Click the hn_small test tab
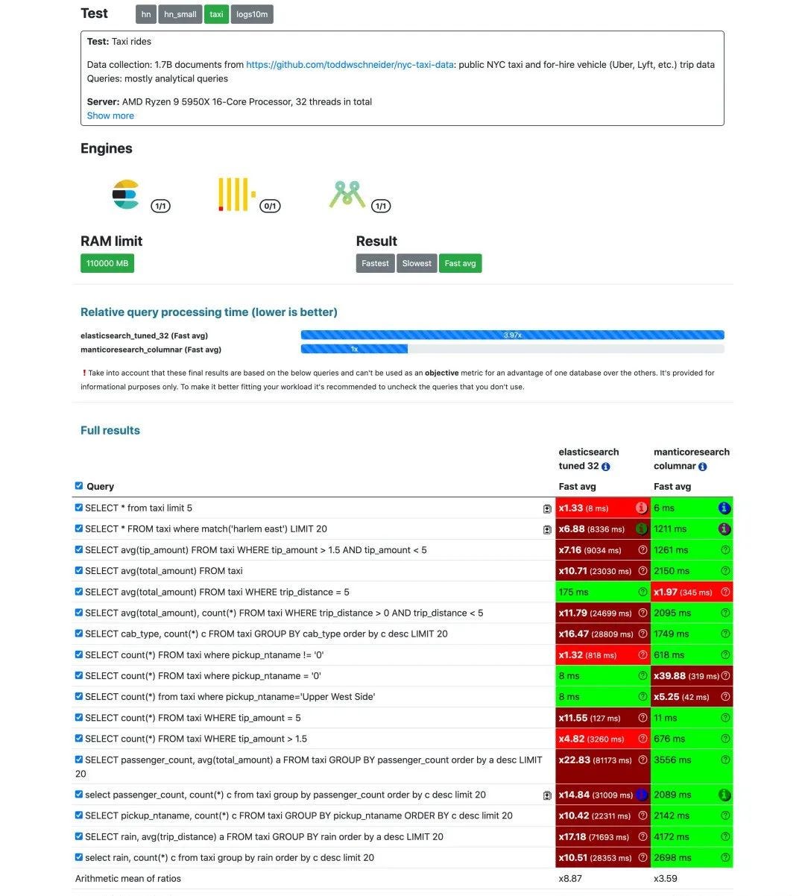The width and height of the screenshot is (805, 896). (x=180, y=14)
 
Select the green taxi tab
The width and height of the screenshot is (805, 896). (x=216, y=14)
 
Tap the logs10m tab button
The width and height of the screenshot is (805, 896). (x=252, y=14)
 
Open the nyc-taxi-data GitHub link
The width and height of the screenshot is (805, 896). (x=350, y=65)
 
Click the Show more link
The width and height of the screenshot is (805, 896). (x=110, y=116)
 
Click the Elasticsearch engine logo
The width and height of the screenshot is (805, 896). (x=126, y=195)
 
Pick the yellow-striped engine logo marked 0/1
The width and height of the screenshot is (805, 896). (x=236, y=195)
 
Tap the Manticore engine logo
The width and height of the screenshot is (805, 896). (x=347, y=194)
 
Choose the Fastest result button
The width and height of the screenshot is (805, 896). (x=375, y=263)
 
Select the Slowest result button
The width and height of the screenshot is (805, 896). (x=417, y=263)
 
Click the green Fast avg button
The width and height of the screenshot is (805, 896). (x=460, y=263)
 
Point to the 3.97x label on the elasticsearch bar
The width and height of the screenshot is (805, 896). (x=512, y=335)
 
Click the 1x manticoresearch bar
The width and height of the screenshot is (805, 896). (x=354, y=349)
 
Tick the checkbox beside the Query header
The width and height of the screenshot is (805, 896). (x=79, y=486)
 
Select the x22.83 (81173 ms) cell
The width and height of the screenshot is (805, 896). (x=595, y=760)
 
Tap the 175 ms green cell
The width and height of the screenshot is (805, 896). (x=573, y=592)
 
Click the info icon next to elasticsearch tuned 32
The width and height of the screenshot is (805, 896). (x=606, y=467)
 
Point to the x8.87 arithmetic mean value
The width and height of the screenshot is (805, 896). (x=571, y=878)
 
